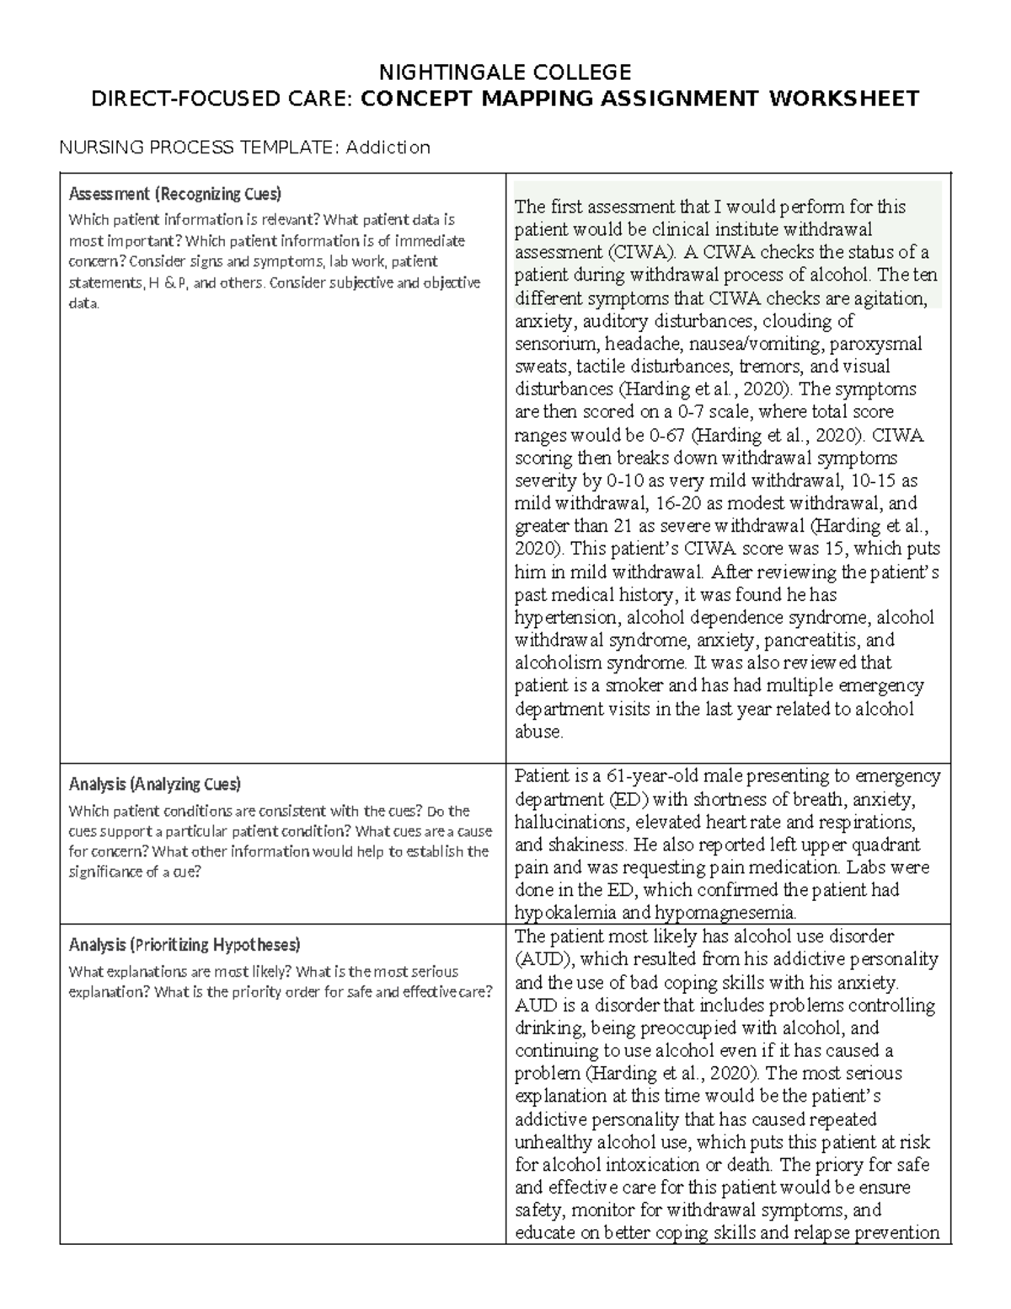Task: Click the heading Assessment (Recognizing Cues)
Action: click(x=174, y=194)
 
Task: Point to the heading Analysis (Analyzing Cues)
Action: click(x=154, y=784)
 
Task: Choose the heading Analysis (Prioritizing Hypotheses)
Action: click(x=184, y=944)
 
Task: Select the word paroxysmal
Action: click(x=878, y=344)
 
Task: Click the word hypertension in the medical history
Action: click(x=565, y=618)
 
